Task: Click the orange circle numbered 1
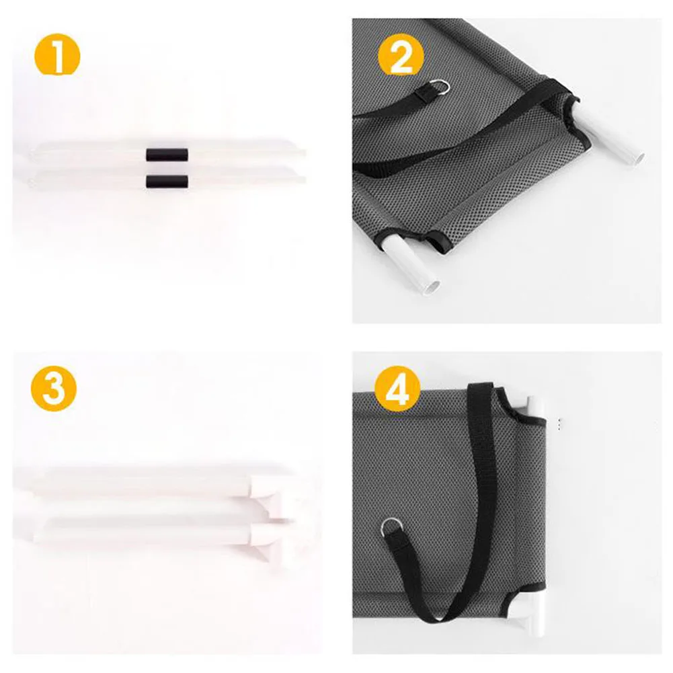pos(57,54)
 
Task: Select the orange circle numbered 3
pos(54,389)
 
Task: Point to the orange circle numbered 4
pos(397,389)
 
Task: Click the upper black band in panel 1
pos(167,155)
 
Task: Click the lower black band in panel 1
pos(167,182)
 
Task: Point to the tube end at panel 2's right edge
pos(639,158)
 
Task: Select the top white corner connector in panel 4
pos(534,407)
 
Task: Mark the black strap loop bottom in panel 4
pos(438,617)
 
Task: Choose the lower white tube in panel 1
pos(167,179)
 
